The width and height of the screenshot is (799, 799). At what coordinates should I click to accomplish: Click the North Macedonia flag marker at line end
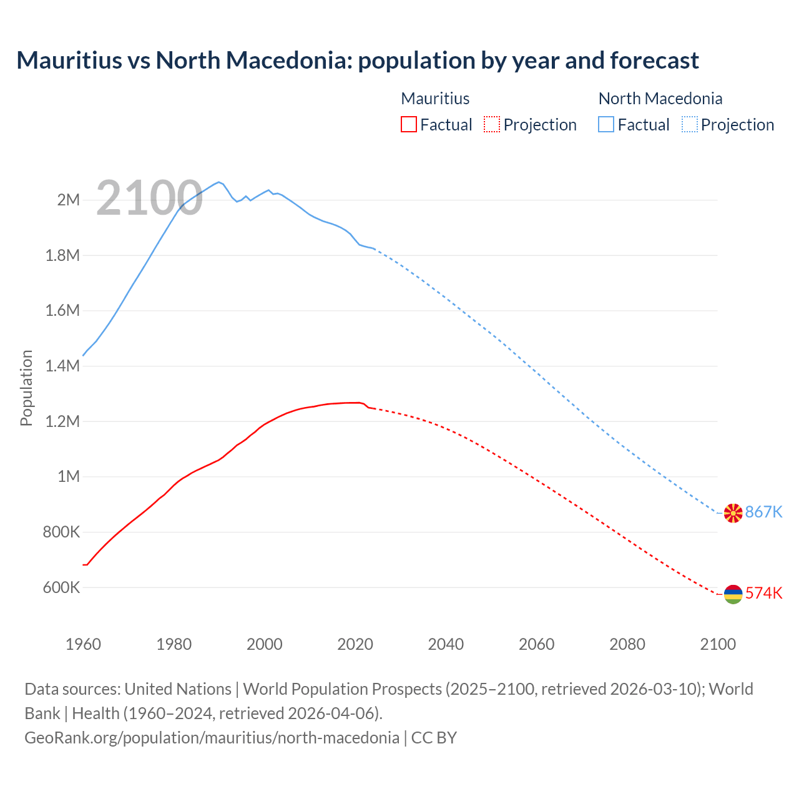point(733,513)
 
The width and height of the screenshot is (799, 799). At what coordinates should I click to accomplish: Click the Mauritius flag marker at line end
point(733,594)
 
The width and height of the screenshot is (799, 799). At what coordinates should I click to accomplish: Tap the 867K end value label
point(763,512)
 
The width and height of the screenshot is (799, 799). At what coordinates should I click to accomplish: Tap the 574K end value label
point(763,593)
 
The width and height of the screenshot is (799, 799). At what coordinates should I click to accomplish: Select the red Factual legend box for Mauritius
point(408,124)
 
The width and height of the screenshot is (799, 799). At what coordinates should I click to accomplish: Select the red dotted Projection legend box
point(492,124)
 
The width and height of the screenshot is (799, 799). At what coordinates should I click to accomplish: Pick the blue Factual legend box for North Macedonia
point(606,124)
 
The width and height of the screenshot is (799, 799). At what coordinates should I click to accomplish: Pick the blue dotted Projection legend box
point(690,124)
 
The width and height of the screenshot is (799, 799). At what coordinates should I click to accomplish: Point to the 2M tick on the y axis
point(69,200)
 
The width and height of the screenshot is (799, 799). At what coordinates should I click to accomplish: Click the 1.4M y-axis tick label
point(62,366)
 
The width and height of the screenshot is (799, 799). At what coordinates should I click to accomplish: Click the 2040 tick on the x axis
point(446,644)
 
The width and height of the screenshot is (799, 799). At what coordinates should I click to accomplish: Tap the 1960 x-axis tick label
point(83,644)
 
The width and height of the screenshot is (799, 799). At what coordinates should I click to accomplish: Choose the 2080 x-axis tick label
point(627,644)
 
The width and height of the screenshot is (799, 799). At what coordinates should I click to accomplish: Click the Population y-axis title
point(26,388)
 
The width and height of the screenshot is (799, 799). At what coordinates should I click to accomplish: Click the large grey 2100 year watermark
point(149,199)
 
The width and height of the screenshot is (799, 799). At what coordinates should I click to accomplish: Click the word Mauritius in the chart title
point(69,61)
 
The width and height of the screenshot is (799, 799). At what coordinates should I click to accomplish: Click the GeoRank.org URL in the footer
point(212,738)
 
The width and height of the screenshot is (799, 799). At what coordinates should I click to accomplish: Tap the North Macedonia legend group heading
point(660,99)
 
